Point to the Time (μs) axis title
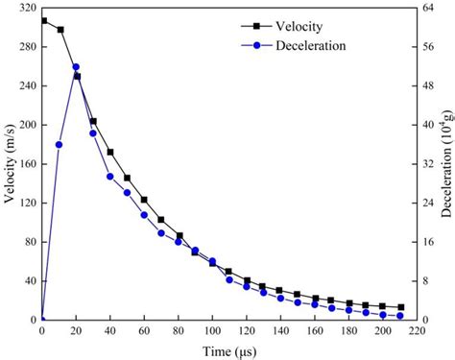[228, 351]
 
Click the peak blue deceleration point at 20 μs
[76, 67]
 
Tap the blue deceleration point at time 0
[42, 320]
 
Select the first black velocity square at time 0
[42, 20]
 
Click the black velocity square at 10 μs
[60, 30]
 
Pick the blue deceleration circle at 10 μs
[60, 145]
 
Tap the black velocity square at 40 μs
[110, 152]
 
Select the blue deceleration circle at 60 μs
[144, 215]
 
